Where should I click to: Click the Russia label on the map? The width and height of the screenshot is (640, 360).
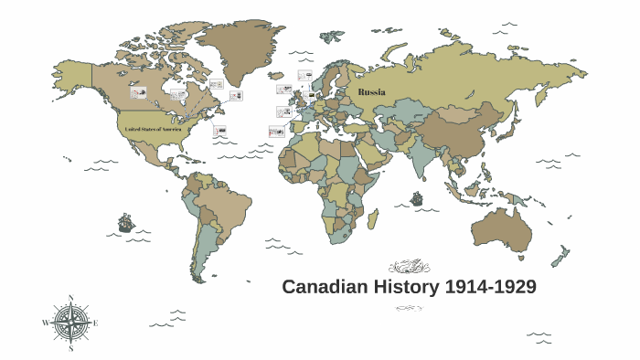(x=372, y=92)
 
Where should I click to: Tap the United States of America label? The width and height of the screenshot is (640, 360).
(x=155, y=130)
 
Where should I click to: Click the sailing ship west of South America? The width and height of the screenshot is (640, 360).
(x=125, y=222)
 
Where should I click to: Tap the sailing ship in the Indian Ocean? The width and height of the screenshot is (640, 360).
(x=417, y=197)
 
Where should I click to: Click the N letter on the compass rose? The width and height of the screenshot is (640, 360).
(x=70, y=299)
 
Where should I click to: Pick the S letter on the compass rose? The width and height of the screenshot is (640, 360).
(x=70, y=348)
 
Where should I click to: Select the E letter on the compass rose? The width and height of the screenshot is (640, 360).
(x=96, y=323)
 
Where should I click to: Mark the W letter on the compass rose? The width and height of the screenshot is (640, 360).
(x=45, y=323)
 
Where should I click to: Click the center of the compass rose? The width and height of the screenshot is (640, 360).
(x=70, y=323)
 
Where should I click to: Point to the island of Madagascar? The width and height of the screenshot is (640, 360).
(x=372, y=219)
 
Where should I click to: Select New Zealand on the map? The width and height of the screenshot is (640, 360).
(x=560, y=256)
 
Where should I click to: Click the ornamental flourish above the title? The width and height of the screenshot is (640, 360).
(x=409, y=267)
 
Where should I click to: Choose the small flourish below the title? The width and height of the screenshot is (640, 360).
(x=409, y=308)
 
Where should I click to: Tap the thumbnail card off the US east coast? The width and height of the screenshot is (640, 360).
(x=219, y=132)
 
